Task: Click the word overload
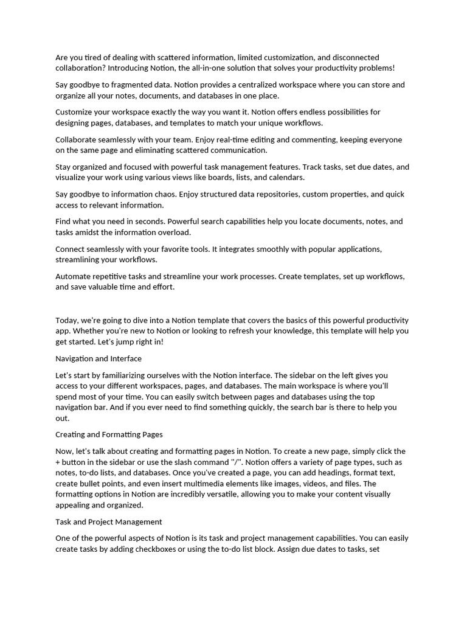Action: [x=173, y=232]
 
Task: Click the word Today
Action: [x=66, y=321]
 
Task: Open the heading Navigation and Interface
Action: [x=99, y=359]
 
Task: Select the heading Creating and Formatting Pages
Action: [x=109, y=435]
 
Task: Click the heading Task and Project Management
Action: [x=109, y=522]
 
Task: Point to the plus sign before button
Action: [x=58, y=462]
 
